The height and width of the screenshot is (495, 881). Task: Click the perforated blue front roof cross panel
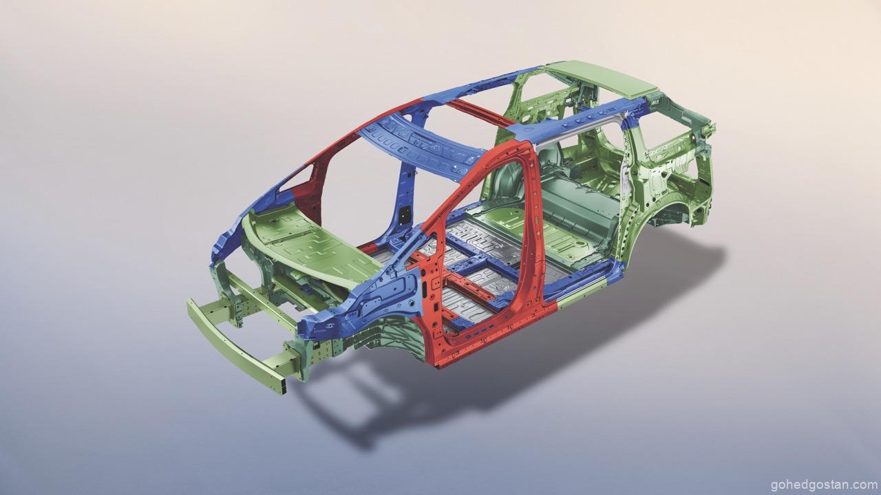point(421,147)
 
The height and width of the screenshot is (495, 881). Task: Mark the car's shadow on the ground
point(511,353)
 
